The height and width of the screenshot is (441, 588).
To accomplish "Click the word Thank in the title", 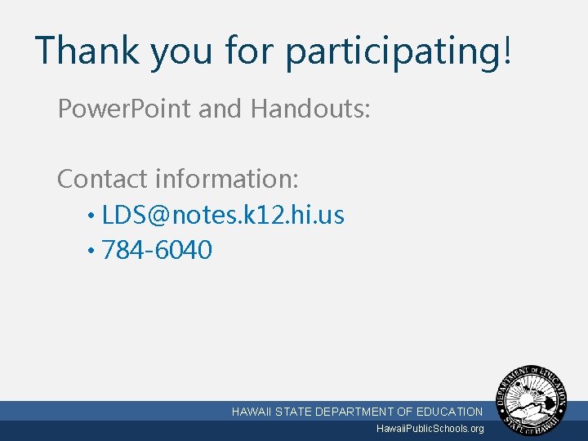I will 87,50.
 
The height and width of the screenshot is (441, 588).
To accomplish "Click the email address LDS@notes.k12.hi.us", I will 223,216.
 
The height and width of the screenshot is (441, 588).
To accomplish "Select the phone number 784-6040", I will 157,250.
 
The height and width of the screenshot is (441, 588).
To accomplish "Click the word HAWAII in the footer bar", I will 252,412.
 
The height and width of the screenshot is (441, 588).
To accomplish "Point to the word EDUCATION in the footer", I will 450,412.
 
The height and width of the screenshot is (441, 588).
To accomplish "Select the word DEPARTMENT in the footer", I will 354,412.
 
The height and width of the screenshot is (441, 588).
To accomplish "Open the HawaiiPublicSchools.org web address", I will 430,429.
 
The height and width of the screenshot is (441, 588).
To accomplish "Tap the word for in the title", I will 249,50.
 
